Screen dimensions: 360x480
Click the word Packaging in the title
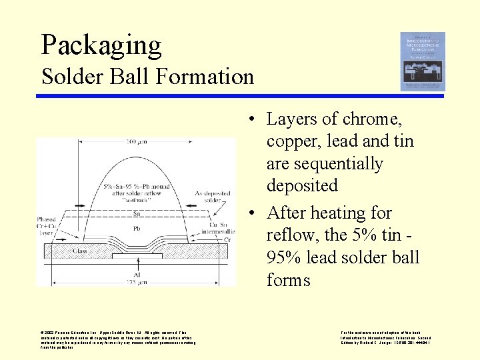tap(101, 45)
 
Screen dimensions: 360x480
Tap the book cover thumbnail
tap(422, 61)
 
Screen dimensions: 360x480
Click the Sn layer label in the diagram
tap(136, 213)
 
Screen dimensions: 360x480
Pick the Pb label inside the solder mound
tap(136, 229)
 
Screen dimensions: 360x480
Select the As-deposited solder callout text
tap(207, 195)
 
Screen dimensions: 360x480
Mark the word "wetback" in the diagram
tap(135, 199)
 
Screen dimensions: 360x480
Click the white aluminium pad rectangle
tap(136, 256)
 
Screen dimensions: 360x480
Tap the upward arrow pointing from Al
tap(136, 264)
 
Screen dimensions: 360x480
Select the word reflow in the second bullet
tap(290, 235)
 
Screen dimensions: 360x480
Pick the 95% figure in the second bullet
tap(285, 258)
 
